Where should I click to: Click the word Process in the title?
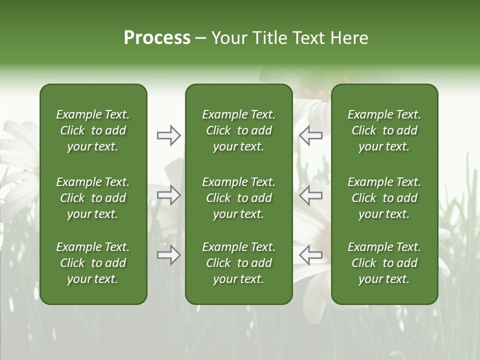point(157,37)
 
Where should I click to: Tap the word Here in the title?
point(349,37)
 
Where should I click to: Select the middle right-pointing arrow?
point(169,195)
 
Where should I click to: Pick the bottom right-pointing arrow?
point(169,255)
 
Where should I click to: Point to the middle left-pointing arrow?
point(310,195)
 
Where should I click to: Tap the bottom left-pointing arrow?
point(310,255)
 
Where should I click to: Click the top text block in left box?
point(93,130)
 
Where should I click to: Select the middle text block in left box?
point(93,198)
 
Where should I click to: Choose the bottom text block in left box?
point(93,263)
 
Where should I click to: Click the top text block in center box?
point(239,130)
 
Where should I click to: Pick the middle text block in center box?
point(239,198)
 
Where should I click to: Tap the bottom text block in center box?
point(239,263)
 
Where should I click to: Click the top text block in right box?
point(384,130)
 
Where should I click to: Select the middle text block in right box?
point(384,198)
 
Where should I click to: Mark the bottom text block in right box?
point(384,263)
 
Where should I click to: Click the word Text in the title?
point(309,37)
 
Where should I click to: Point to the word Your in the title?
point(229,37)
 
